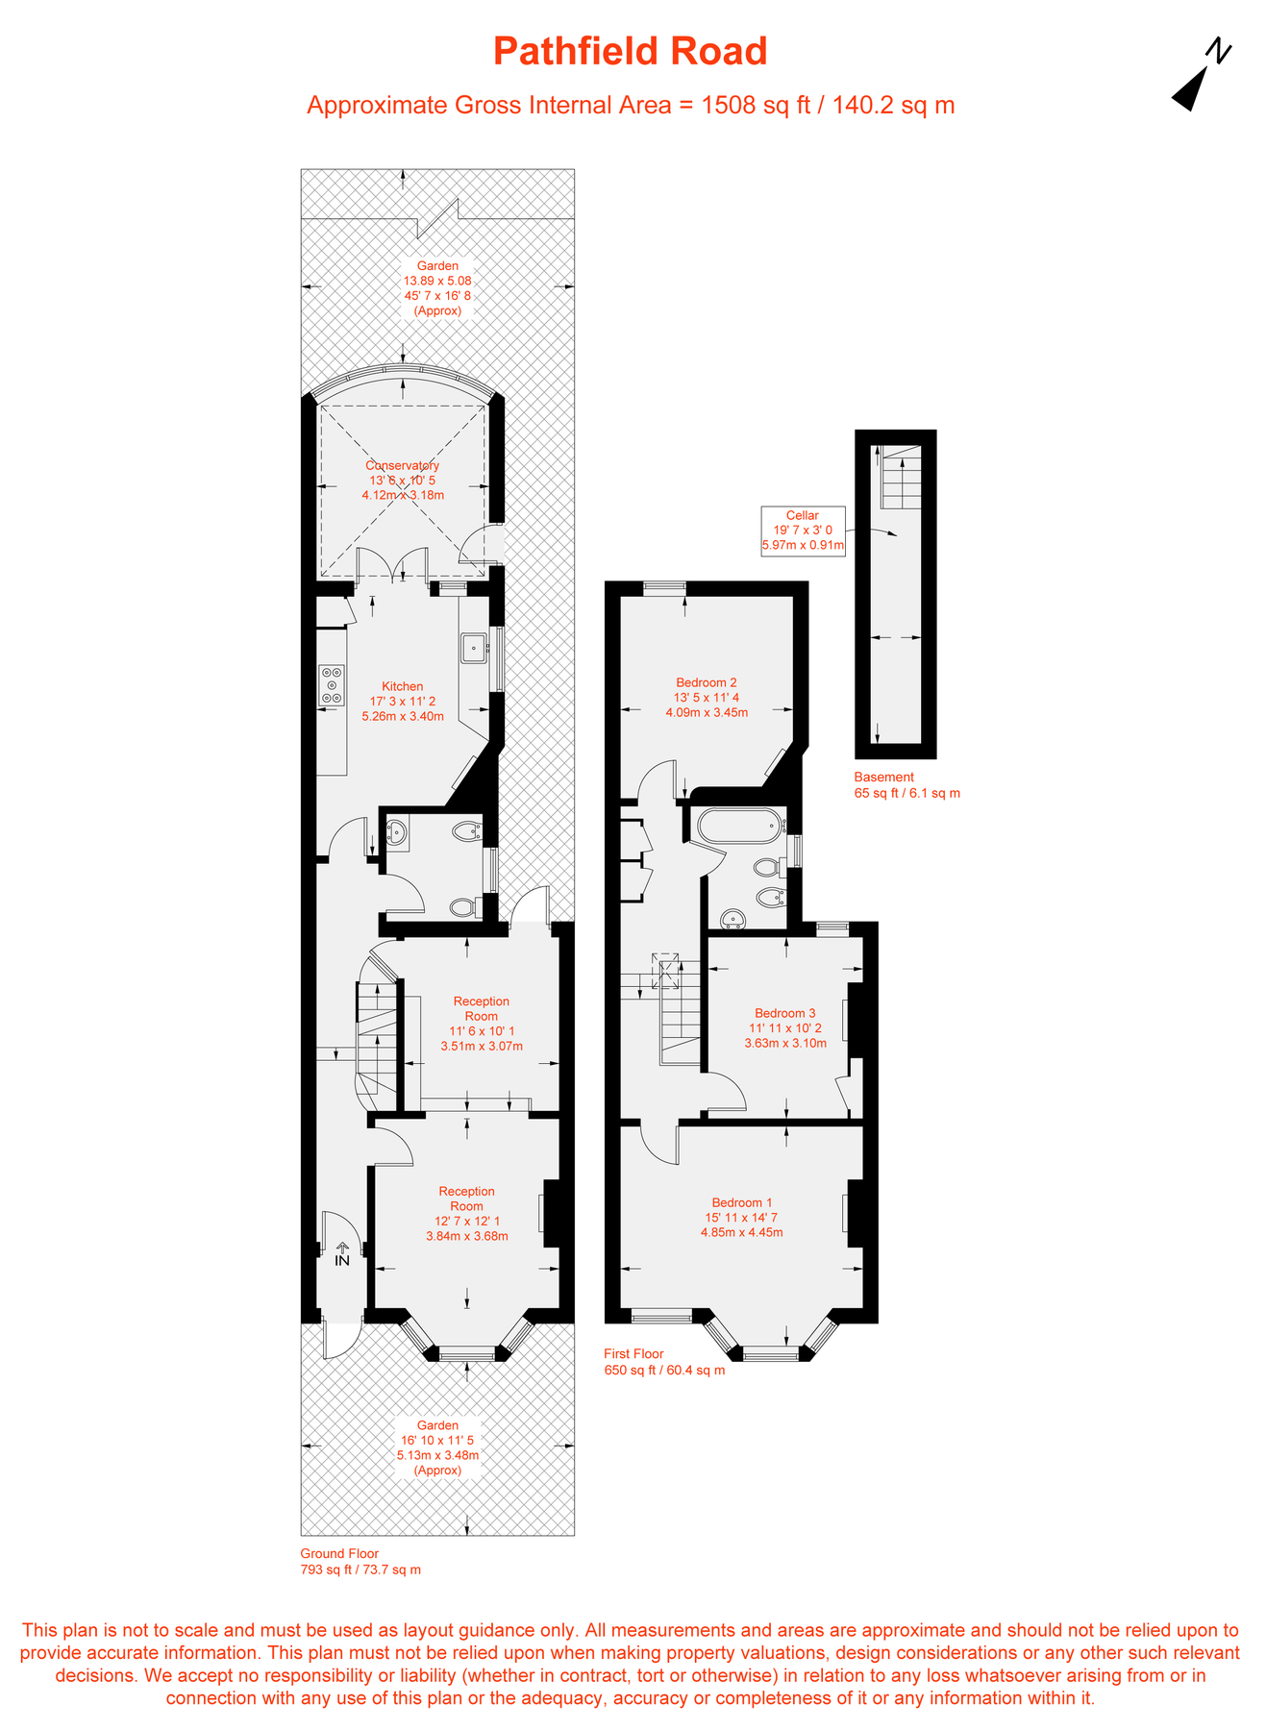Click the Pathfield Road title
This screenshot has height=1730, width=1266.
click(x=631, y=51)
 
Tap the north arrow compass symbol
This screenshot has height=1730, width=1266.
click(x=1200, y=77)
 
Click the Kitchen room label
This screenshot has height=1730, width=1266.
click(x=403, y=686)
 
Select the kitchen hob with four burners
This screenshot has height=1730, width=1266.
click(x=332, y=685)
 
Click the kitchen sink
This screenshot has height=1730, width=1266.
click(x=473, y=648)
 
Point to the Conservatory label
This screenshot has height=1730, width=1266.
click(x=403, y=465)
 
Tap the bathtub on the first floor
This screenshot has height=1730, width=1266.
click(x=737, y=826)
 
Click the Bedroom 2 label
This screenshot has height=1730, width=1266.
click(x=707, y=682)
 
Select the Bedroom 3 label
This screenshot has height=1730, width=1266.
click(x=785, y=1013)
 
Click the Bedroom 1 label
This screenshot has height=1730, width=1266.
click(x=742, y=1202)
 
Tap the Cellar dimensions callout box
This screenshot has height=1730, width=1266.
click(x=803, y=531)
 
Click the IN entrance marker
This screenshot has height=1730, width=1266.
click(x=342, y=1255)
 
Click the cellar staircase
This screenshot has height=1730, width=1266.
click(x=901, y=477)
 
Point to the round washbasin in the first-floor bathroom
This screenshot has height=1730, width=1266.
click(x=735, y=920)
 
